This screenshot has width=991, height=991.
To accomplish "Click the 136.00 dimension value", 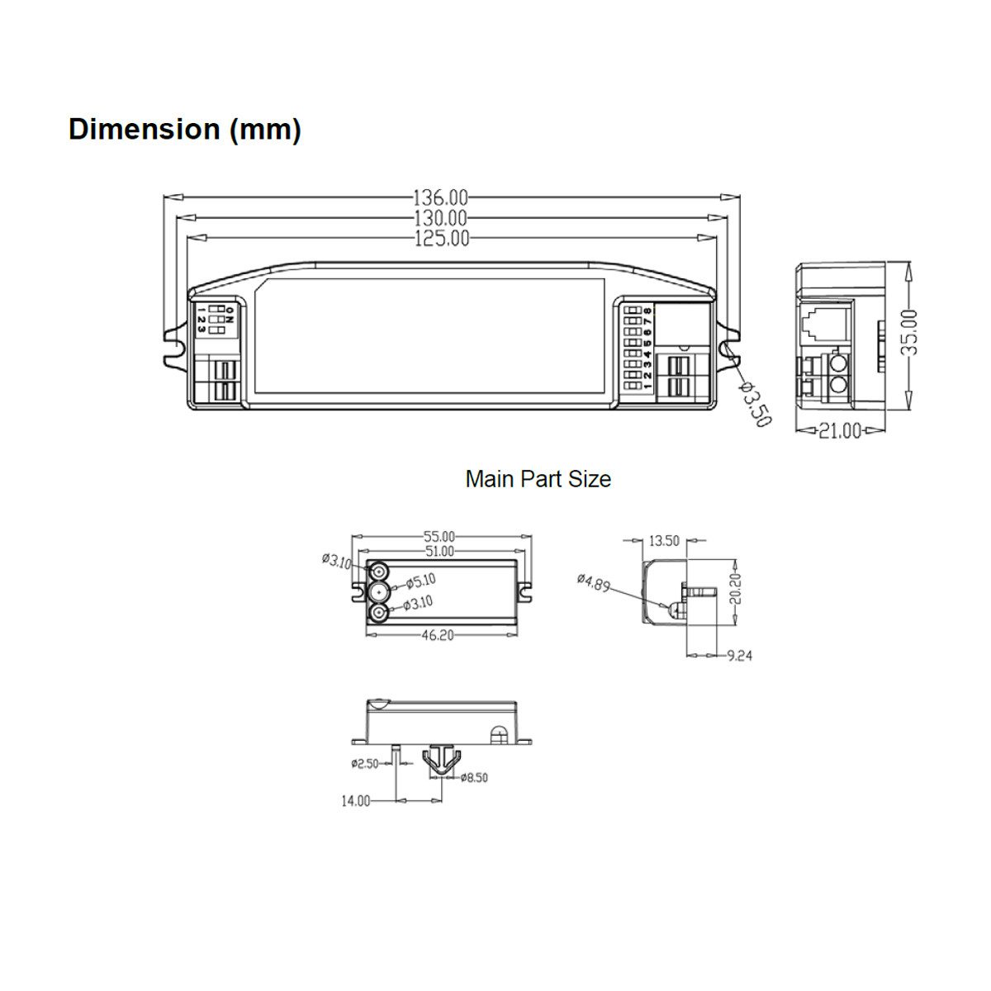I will pyautogui.click(x=440, y=198).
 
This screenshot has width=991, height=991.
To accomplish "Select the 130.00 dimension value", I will pyautogui.click(x=440, y=219).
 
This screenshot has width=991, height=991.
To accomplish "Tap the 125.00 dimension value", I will pyautogui.click(x=440, y=239).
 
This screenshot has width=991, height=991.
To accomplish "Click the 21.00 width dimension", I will pyautogui.click(x=839, y=430).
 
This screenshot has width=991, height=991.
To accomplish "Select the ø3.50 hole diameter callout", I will pyautogui.click(x=756, y=405).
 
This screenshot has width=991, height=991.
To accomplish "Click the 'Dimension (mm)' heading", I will pyautogui.click(x=184, y=130).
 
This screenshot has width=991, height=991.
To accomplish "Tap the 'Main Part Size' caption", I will pyautogui.click(x=538, y=479).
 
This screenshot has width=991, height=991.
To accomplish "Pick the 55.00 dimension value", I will pyautogui.click(x=440, y=538).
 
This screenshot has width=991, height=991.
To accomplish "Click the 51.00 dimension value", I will pyautogui.click(x=440, y=551).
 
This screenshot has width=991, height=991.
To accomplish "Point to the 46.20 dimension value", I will pyautogui.click(x=440, y=635).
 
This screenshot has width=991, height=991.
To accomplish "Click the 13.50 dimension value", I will pyautogui.click(x=664, y=541).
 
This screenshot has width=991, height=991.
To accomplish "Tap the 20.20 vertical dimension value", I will pyautogui.click(x=736, y=588).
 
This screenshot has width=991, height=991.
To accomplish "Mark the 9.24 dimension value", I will pyautogui.click(x=739, y=656).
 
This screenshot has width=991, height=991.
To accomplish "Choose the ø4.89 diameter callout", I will pyautogui.click(x=594, y=583).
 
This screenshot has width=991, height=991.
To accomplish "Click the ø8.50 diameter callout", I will pyautogui.click(x=476, y=777).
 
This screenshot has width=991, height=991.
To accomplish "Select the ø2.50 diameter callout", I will pyautogui.click(x=364, y=764).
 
